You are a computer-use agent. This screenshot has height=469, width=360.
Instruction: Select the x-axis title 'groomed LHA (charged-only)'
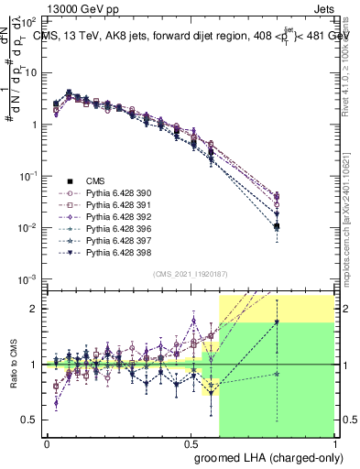tap(266, 455)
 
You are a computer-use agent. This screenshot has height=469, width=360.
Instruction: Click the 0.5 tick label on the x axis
tap(191, 442)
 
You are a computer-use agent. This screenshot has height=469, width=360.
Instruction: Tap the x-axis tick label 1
tap(334, 442)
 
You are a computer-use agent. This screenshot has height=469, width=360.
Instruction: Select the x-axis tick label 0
tap(48, 442)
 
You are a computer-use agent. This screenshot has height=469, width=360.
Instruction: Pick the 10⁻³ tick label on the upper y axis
tap(27, 278)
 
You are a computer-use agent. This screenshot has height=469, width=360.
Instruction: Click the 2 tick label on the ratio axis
tap(34, 309)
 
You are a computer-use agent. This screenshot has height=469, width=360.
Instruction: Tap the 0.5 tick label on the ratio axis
tap(30, 420)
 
